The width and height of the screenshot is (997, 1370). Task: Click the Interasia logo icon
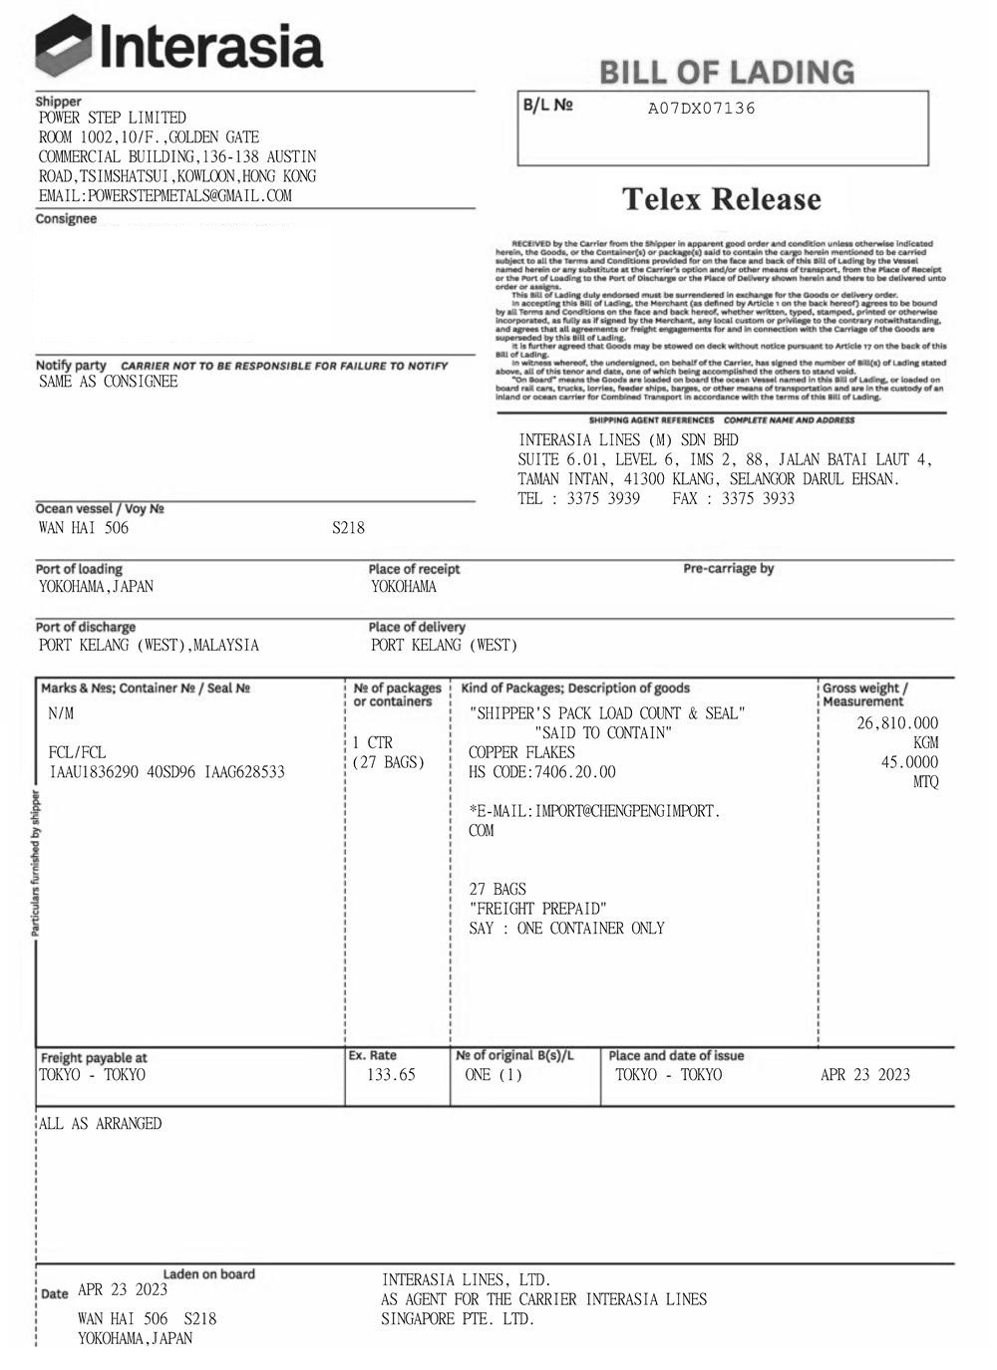[x=64, y=47]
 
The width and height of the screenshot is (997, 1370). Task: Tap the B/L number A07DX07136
[x=701, y=109]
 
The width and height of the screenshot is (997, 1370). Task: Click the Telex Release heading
[x=722, y=199]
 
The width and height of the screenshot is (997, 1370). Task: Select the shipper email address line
[x=165, y=196]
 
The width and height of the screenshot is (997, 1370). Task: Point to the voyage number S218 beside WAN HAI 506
[x=348, y=528]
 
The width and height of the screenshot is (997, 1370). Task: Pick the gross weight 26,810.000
[x=897, y=723]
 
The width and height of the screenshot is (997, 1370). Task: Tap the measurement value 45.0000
[x=908, y=762]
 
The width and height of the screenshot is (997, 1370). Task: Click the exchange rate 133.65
[x=391, y=1075]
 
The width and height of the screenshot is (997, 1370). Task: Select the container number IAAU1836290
[x=94, y=772]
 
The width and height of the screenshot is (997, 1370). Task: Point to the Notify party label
[x=71, y=366]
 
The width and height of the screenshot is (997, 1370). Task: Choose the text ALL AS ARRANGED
[x=100, y=1124]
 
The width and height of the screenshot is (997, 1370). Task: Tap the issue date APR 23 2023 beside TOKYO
[x=864, y=1075]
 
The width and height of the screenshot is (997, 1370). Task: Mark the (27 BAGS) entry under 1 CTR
[x=388, y=762]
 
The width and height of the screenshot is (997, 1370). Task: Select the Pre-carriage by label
[x=728, y=569]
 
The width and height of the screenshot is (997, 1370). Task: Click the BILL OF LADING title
[x=727, y=72]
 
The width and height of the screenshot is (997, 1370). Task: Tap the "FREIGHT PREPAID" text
[x=537, y=909]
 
